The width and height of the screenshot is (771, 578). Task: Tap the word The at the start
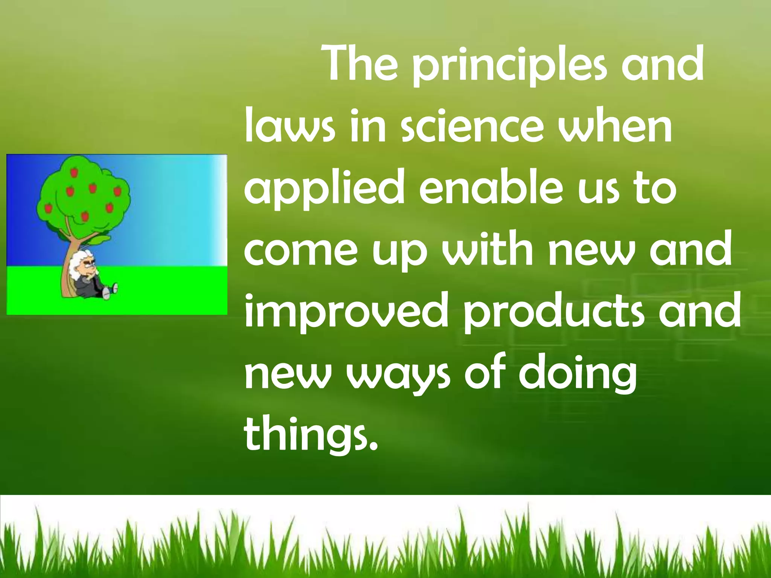coord(361,66)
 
